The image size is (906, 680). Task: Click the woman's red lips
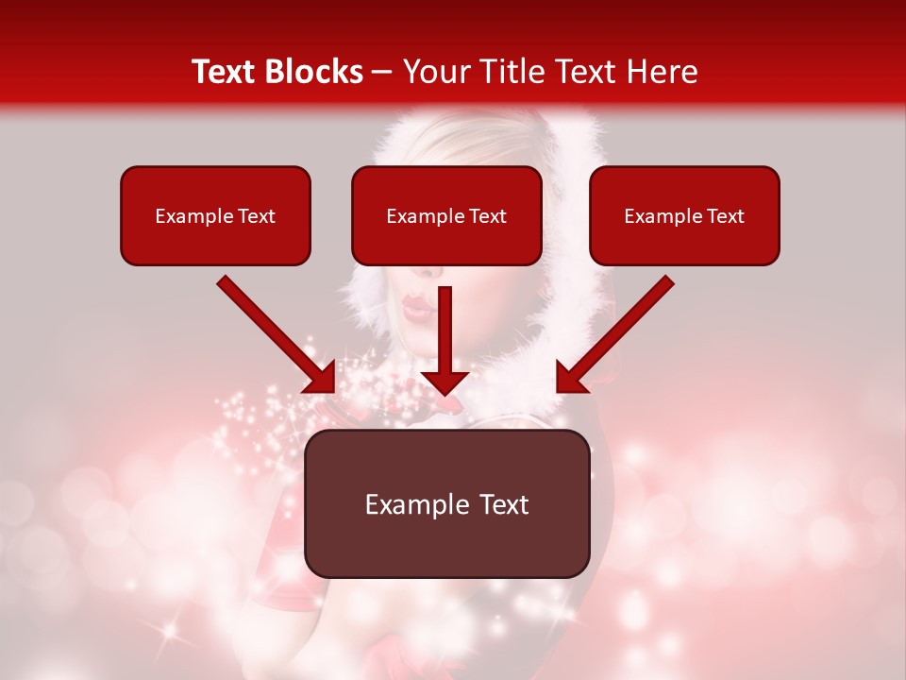[x=416, y=306]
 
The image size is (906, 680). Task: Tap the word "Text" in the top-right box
[x=725, y=216]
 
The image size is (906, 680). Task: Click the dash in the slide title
[x=382, y=73]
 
